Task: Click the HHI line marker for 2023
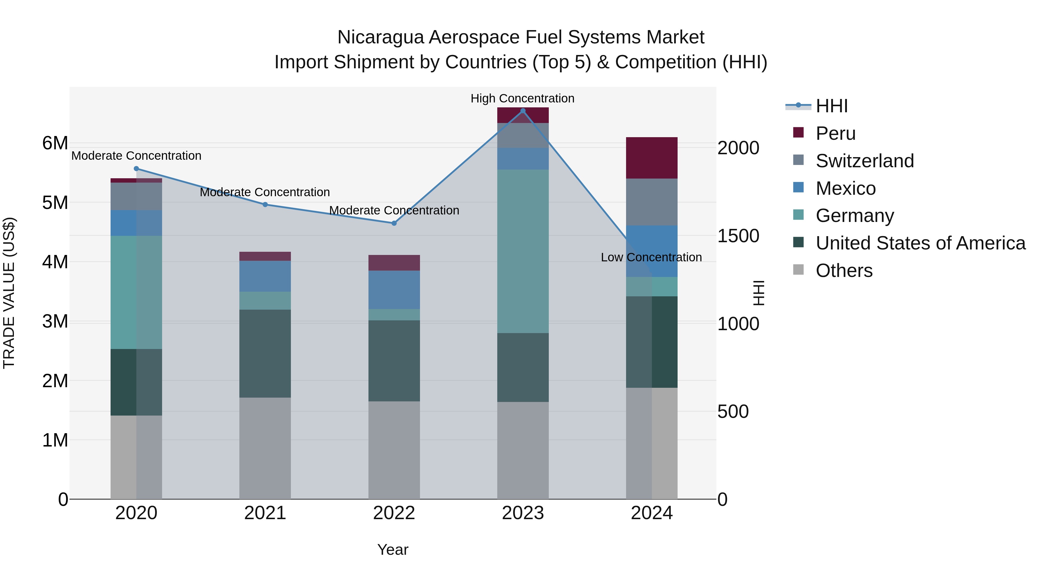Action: [x=523, y=111]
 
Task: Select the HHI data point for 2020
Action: [x=136, y=169]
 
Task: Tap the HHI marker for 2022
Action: [x=394, y=223]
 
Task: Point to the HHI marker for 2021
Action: [x=265, y=205]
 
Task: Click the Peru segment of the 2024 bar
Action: [x=652, y=158]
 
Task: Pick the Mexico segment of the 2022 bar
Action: [x=394, y=290]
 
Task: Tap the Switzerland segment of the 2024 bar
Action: [x=652, y=202]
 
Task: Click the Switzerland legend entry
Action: [x=864, y=161]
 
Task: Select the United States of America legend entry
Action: [x=920, y=243]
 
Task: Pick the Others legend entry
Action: [x=844, y=271]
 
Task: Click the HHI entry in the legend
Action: [x=831, y=106]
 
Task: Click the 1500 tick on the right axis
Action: [x=738, y=236]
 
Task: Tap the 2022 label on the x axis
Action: [x=394, y=513]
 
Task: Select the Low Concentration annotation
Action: [x=651, y=257]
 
